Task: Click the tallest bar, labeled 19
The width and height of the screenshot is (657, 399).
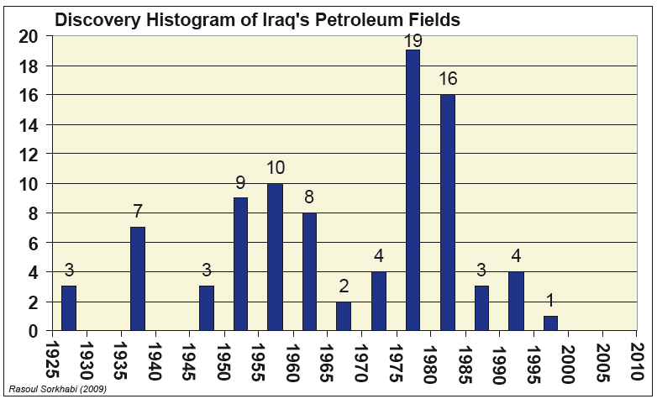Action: [413, 190]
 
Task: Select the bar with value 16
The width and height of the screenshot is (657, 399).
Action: [447, 213]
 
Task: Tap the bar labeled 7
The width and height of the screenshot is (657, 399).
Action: [138, 278]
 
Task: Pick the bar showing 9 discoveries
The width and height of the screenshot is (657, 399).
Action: [240, 264]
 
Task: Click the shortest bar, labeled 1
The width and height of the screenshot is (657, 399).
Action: [550, 323]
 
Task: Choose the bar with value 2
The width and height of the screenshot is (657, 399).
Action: [344, 316]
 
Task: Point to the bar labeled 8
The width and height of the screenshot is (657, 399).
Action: [309, 271]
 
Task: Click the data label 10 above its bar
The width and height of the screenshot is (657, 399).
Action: [276, 169]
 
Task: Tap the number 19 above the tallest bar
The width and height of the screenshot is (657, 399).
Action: [413, 39]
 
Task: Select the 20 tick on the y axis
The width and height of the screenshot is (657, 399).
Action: [29, 37]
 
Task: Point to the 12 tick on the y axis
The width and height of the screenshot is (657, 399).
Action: [29, 155]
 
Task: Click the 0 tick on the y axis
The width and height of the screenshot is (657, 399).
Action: [34, 331]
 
